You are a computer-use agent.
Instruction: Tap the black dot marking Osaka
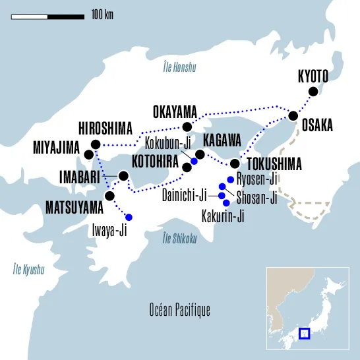pos(292,117)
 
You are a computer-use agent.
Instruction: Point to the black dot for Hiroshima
pos(96,144)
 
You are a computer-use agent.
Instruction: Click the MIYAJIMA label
pos(56,147)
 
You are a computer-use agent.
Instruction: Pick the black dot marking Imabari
pos(123,175)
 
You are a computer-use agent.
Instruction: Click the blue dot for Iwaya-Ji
pos(129,218)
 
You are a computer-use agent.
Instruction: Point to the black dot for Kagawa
pos(200,154)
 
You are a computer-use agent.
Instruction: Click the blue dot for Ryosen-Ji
pos(230,179)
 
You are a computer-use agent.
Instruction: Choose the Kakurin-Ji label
pos(223,216)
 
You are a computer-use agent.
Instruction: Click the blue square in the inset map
pos(305,334)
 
